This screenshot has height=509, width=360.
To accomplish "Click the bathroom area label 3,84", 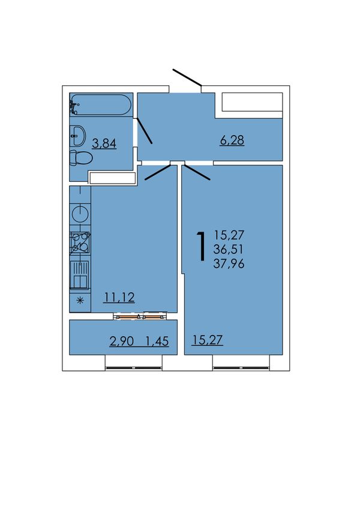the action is click(104, 143).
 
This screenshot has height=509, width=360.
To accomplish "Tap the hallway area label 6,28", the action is click(232, 140).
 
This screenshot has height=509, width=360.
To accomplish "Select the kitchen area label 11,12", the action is click(119, 297).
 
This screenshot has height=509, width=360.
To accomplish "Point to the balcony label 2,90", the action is click(121, 341).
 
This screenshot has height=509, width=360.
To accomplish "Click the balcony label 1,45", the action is click(157, 341).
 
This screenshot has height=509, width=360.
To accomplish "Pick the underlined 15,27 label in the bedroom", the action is click(207, 340).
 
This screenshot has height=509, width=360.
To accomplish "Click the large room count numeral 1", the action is click(201, 246).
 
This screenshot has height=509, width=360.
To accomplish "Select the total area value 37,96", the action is click(229, 264).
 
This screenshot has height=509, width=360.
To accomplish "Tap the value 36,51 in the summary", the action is click(228, 249).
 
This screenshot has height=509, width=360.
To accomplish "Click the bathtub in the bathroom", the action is click(101, 104).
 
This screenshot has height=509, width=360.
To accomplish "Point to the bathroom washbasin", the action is click(77, 136).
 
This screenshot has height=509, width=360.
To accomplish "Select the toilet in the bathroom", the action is click(81, 158).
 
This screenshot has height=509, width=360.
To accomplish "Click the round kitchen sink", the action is click(80, 213).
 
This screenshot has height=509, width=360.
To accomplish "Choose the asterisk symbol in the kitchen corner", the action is click(80, 301).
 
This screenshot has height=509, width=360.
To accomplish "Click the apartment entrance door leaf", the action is click(187, 78).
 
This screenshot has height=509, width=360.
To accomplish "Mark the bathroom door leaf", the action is click(145, 130).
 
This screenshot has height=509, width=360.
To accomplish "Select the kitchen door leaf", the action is click(158, 172).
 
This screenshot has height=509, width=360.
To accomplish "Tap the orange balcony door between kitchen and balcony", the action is click(140, 316).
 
